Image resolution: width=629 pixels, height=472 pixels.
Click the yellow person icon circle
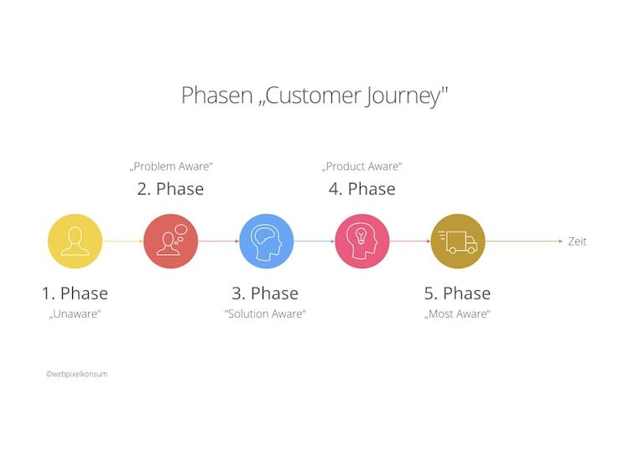(x=75, y=241)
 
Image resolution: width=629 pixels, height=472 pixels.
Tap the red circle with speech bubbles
(x=170, y=241)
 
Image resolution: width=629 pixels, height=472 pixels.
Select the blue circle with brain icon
(x=266, y=241)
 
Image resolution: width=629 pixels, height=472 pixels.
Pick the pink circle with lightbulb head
(x=362, y=241)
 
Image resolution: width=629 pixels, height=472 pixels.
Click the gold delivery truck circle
(x=458, y=241)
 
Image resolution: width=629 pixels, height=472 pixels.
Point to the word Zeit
(x=577, y=241)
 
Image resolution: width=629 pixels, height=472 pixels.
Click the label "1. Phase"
(x=75, y=293)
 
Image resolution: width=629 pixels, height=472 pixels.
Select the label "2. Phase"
(x=170, y=189)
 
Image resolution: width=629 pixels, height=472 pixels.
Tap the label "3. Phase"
(x=265, y=293)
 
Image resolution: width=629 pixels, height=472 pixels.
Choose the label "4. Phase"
(x=361, y=189)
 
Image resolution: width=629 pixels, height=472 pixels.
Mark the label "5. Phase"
(x=457, y=293)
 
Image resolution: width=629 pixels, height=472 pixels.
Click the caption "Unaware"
(x=75, y=314)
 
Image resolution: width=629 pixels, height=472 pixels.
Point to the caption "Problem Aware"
(x=170, y=167)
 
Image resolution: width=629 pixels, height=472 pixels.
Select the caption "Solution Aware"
(x=265, y=314)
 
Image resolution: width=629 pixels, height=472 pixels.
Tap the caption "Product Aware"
(x=362, y=167)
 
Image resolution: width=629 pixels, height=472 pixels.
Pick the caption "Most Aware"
(x=457, y=314)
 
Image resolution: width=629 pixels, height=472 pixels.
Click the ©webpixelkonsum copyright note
(x=76, y=374)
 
